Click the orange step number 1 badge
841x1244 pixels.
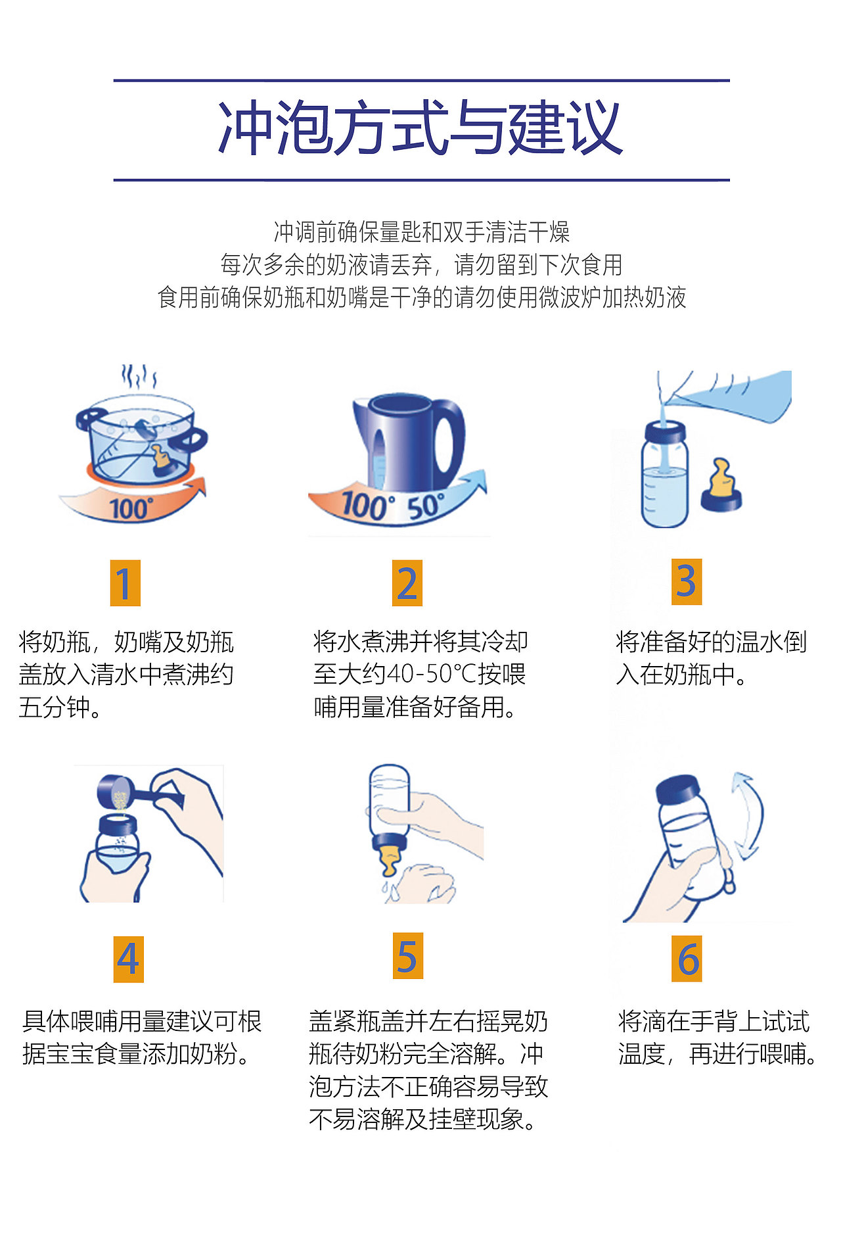point(125,583)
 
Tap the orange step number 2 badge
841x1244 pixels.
point(407,583)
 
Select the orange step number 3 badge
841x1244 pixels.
point(687,581)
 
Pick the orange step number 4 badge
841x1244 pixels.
point(128,959)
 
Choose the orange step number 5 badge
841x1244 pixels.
point(407,955)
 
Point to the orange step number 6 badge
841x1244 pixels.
point(687,959)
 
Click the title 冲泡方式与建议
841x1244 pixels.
point(420,130)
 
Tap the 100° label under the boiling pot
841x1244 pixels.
point(131,508)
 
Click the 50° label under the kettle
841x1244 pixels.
point(425,506)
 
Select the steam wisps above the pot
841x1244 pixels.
point(138,377)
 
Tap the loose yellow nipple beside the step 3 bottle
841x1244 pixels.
point(721,487)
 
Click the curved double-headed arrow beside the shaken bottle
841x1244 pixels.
point(749,815)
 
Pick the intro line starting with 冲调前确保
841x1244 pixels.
point(421,231)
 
